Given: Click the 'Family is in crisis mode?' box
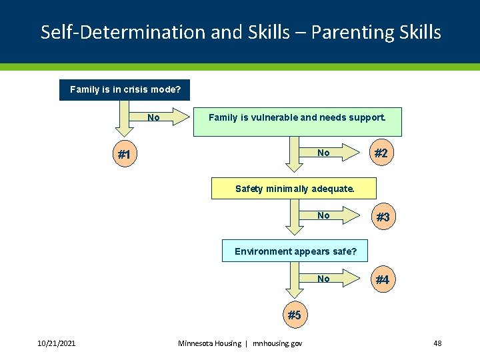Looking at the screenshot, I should click(125, 89).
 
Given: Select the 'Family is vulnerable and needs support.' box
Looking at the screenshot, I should click(297, 121).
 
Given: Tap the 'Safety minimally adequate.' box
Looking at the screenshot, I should click(293, 189).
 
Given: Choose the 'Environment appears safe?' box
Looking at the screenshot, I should click(295, 251).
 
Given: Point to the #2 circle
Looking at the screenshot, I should click(381, 153).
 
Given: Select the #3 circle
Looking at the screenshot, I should click(383, 217).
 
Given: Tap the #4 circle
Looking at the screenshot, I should click(382, 280).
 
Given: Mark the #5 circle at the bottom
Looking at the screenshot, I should click(294, 315).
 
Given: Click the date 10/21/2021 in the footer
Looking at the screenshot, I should click(56, 343).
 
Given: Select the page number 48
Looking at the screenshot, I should click(437, 343).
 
